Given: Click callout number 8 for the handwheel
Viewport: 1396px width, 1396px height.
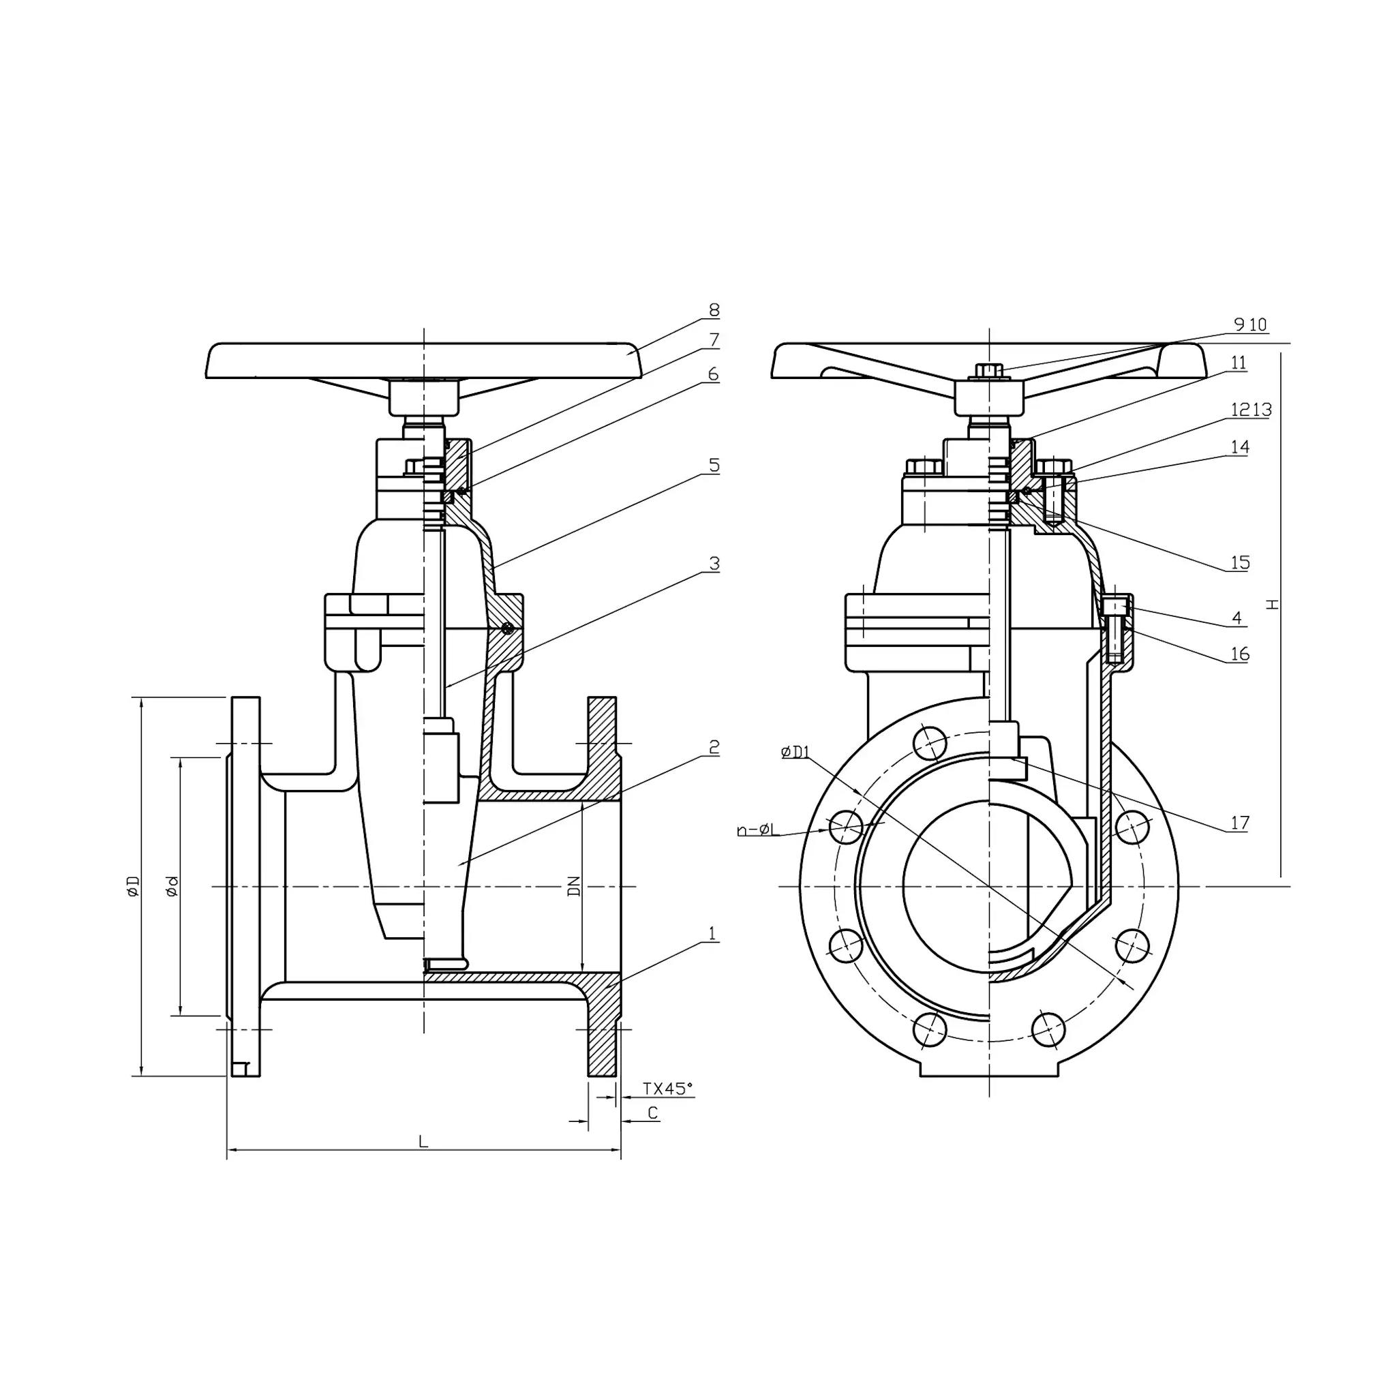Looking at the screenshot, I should click(x=714, y=310).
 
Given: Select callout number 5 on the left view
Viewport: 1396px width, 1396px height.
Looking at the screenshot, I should click(x=714, y=466).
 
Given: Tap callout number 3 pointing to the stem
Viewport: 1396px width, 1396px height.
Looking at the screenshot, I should click(x=714, y=564).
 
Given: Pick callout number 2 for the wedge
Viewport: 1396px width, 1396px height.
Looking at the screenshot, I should click(x=714, y=746).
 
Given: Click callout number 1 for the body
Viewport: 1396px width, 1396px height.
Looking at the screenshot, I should click(x=712, y=934).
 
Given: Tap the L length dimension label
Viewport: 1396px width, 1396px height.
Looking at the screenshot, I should click(x=423, y=1142).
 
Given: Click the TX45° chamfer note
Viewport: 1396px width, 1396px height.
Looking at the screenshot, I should click(x=667, y=1088).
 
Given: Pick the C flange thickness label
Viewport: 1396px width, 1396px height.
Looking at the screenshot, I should click(x=652, y=1114).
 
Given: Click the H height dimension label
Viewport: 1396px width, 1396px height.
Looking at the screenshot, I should click(x=1273, y=604).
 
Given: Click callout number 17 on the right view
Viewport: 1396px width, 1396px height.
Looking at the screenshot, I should click(x=1240, y=822).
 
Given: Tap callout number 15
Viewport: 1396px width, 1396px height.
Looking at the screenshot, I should click(x=1240, y=562).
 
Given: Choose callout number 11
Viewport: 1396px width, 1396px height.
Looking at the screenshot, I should click(x=1239, y=363).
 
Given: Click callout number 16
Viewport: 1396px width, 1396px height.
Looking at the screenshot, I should click(x=1240, y=654).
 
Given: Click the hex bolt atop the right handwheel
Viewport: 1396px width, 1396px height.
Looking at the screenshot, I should click(x=987, y=369).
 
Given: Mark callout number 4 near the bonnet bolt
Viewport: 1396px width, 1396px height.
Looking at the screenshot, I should click(x=1237, y=618).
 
